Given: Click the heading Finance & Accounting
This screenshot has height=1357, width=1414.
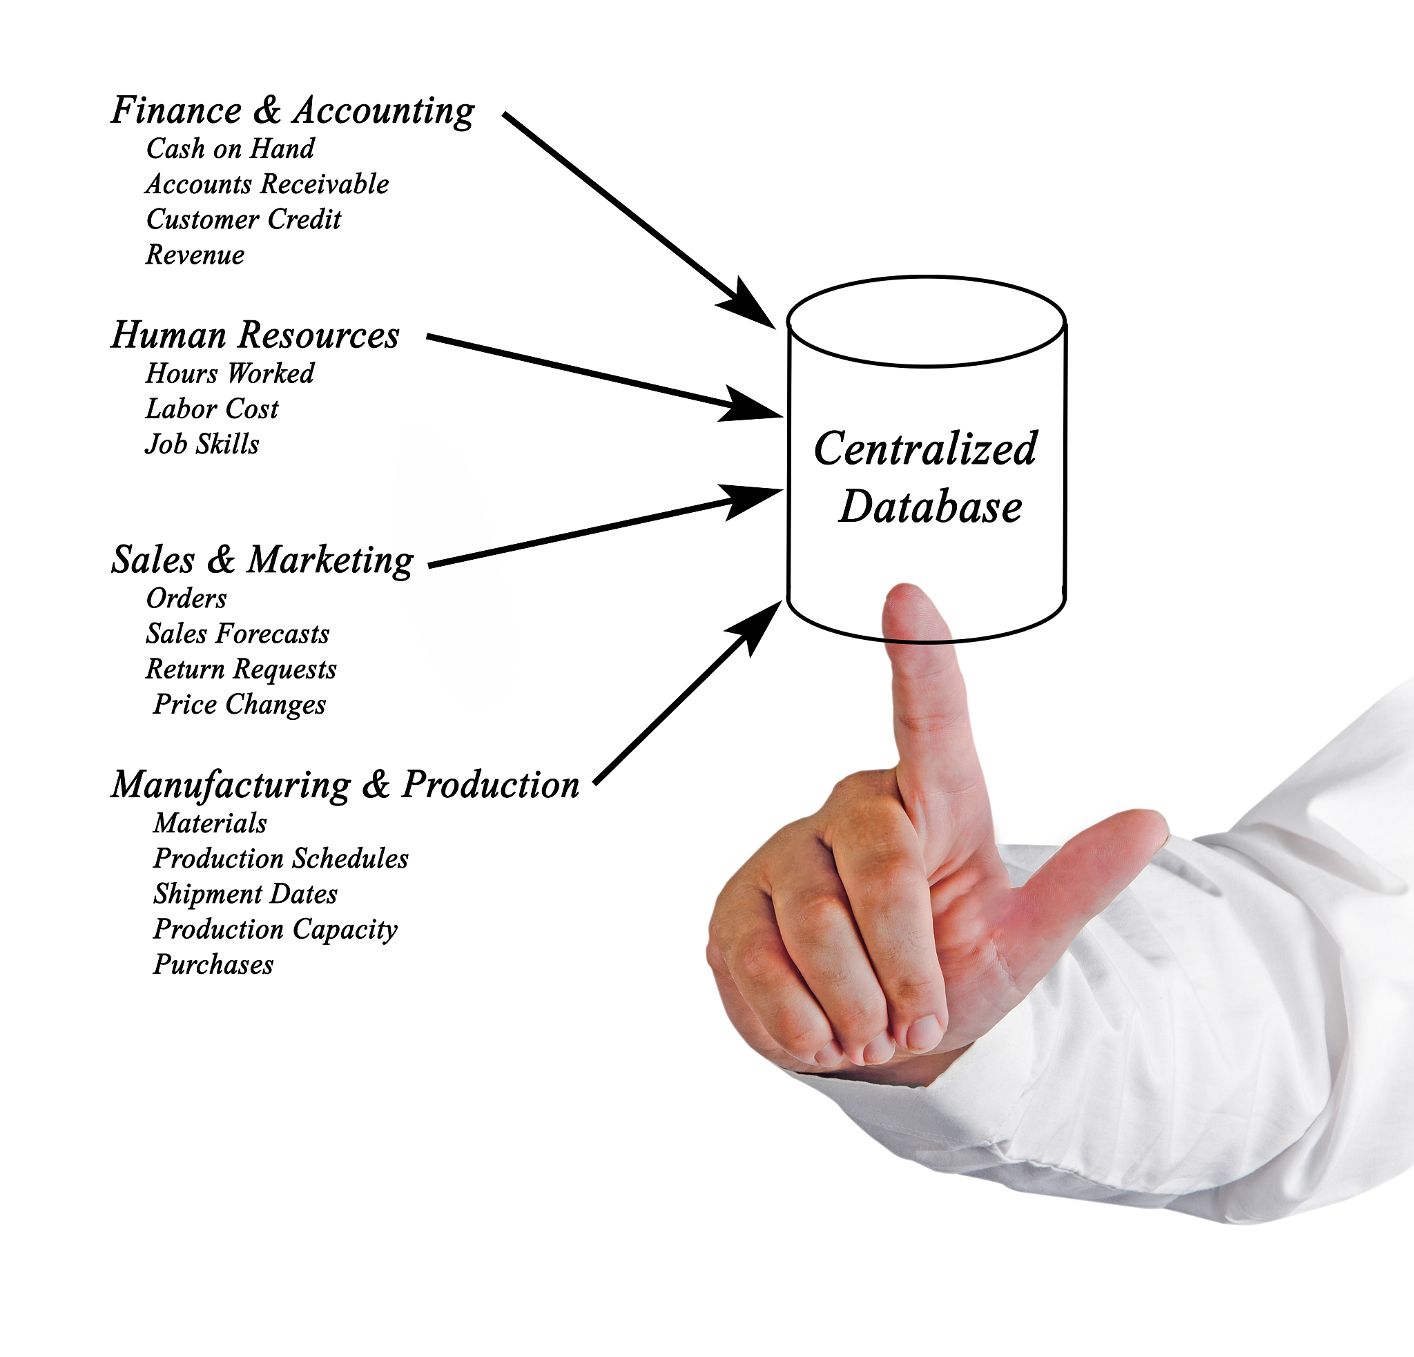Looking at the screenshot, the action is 293,112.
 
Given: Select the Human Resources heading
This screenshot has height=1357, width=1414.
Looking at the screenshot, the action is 255,335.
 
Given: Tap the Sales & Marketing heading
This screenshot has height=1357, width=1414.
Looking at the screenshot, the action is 262,560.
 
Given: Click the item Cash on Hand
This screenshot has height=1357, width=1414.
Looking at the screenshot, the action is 230,148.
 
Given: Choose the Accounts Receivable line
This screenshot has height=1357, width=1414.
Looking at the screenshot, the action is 268,184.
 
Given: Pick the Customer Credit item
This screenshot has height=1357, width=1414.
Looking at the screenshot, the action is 244,219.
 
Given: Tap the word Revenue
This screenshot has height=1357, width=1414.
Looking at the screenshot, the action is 195,255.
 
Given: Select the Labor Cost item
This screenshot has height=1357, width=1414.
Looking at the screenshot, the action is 212,409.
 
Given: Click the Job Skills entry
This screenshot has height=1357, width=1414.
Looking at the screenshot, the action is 202,444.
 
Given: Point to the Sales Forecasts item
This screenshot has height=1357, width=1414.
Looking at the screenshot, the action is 238,634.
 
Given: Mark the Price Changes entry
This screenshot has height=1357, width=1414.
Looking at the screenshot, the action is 240,705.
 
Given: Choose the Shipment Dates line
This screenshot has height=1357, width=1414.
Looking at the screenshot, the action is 245,894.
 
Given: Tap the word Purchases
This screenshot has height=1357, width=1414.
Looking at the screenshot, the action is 213,965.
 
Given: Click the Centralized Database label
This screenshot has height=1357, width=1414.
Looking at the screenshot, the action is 927,478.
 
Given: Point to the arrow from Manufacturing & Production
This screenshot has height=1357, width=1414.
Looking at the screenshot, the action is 688,692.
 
